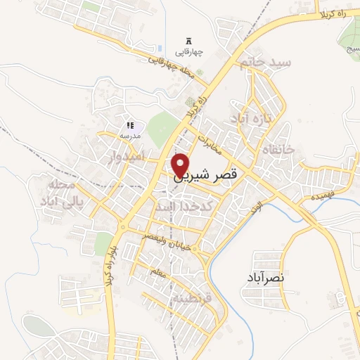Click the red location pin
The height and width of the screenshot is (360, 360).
click(x=181, y=164)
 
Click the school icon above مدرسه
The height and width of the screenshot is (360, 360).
click(x=130, y=124)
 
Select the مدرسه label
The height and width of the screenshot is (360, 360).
click(x=130, y=134)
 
